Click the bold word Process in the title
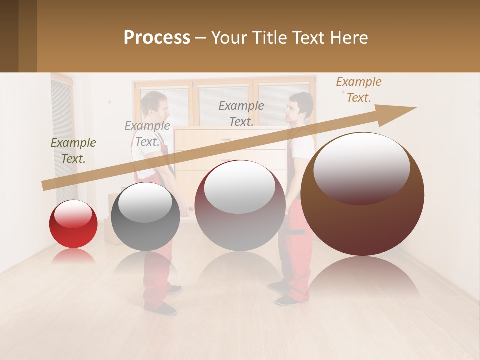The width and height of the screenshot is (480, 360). tap(157, 38)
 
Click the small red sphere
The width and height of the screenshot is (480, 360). tap(73, 224)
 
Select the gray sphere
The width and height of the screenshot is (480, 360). tap(145, 216)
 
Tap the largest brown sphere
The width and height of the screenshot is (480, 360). tap(362, 194)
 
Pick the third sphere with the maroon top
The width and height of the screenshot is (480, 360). tap(240, 205)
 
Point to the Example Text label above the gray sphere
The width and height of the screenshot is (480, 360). tap(147, 134)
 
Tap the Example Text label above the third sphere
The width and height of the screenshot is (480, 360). tap(241, 113)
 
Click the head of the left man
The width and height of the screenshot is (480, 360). tap(153, 104)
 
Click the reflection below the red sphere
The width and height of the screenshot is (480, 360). tap(73, 256)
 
